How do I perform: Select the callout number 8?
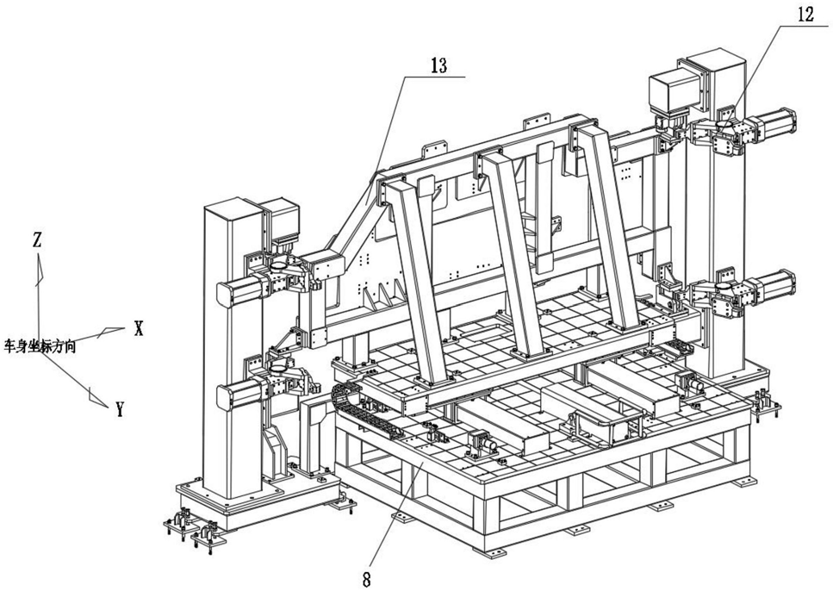tap(368, 578)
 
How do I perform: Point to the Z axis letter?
tap(37, 240)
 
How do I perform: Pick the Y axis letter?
tap(120, 410)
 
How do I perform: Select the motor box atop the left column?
tap(281, 222)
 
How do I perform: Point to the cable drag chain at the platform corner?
tap(349, 407)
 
